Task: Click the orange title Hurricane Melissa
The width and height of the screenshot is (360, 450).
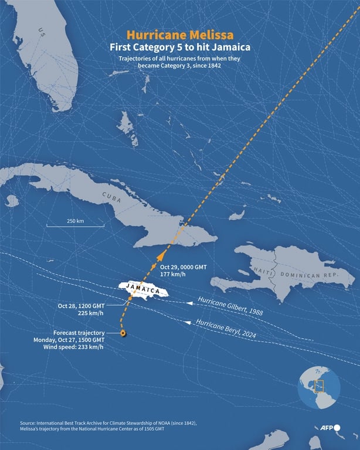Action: point(179,35)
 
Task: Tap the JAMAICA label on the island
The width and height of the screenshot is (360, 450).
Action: point(143,289)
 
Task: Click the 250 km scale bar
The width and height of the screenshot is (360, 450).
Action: point(76,225)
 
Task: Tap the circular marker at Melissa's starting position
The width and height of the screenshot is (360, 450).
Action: point(123,333)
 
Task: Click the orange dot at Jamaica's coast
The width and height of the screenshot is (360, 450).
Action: point(130,299)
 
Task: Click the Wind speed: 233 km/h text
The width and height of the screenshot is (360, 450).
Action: point(73,347)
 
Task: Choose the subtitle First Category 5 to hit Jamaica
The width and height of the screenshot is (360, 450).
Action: point(179,47)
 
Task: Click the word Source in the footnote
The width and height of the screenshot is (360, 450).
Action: point(29,423)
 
